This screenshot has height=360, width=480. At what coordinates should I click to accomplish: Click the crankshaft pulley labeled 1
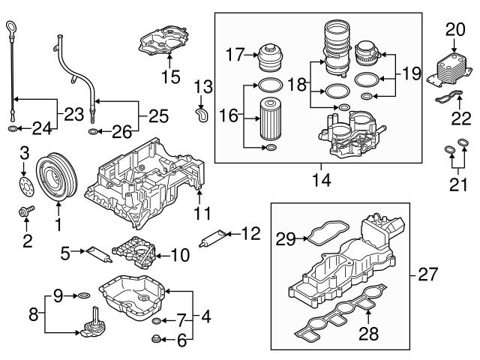point(58,178)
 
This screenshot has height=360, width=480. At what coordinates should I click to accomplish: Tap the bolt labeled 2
point(25,212)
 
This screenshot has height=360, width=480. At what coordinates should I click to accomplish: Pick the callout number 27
point(427,275)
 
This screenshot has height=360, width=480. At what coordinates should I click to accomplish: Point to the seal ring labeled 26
point(91,133)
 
